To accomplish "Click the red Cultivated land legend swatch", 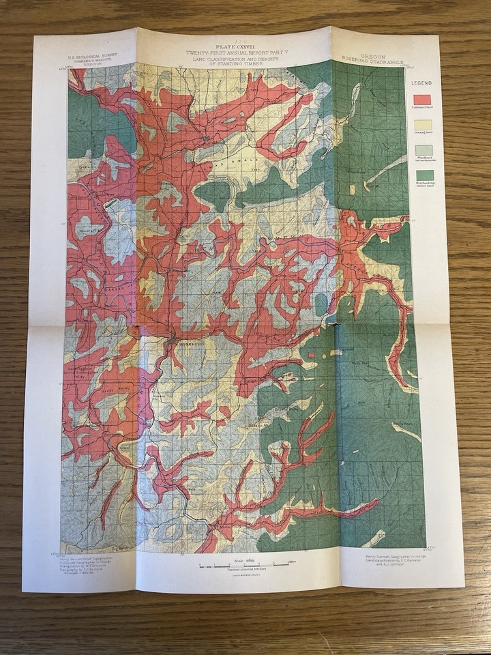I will pos(422,99).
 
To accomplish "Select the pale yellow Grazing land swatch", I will pos(422,124).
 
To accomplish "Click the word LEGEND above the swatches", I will pos(422,83).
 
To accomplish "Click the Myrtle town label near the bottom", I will pos(224,527).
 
